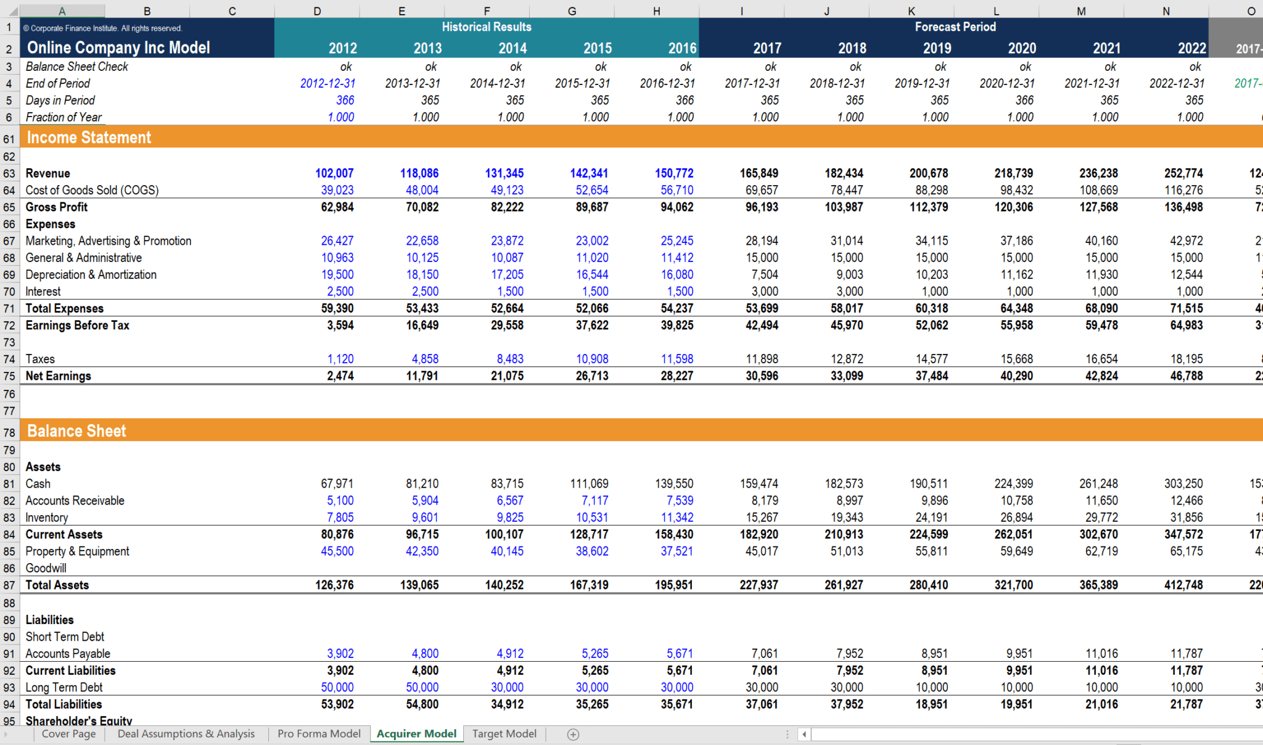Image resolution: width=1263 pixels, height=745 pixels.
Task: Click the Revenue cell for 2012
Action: tap(334, 173)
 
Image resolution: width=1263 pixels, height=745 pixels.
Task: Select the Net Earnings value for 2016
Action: tap(677, 376)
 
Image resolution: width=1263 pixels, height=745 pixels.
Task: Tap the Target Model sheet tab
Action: tap(504, 733)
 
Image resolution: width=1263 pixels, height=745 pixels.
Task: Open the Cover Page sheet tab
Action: tap(68, 733)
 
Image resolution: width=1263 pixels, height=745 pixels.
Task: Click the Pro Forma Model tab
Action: tap(319, 733)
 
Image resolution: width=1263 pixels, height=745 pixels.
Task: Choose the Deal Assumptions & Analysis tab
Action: tap(186, 733)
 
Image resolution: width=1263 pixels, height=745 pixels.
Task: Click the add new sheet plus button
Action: tap(573, 734)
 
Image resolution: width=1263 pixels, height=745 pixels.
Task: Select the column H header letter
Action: tap(657, 11)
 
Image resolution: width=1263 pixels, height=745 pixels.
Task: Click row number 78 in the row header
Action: tap(9, 432)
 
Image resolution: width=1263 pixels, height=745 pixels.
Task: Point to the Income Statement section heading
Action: tap(89, 138)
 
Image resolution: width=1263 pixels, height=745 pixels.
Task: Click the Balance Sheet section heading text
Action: tap(76, 431)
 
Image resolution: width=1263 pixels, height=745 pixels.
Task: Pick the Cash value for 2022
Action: tap(1183, 484)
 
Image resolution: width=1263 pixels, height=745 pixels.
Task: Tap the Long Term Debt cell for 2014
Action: tap(507, 687)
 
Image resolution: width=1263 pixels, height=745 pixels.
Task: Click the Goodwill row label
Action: tap(46, 568)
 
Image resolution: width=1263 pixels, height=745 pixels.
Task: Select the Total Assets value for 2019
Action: tap(929, 585)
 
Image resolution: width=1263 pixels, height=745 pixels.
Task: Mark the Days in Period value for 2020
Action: tap(1024, 100)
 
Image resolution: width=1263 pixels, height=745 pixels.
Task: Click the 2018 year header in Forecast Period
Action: tap(852, 48)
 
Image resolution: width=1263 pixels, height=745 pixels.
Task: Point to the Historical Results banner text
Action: tap(487, 27)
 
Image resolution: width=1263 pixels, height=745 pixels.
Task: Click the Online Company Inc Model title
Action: tap(118, 47)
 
